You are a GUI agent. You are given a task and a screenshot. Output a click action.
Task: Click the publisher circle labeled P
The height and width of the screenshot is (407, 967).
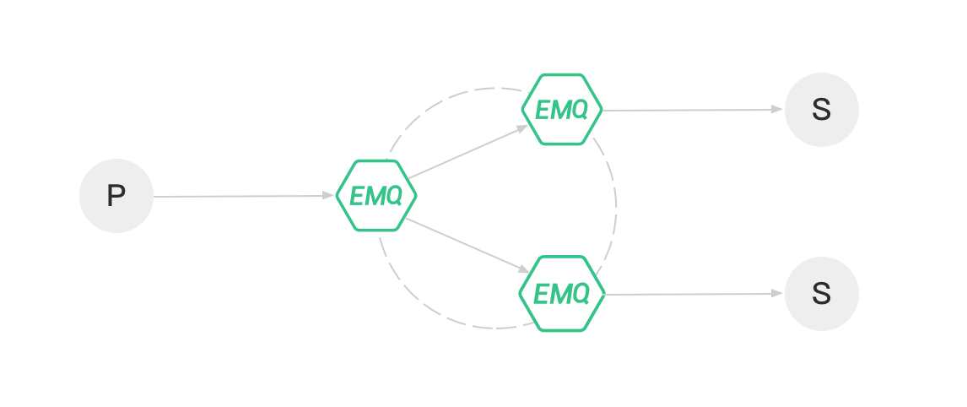pos(116,196)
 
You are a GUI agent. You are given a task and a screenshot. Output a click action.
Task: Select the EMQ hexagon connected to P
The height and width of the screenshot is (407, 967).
pos(375,195)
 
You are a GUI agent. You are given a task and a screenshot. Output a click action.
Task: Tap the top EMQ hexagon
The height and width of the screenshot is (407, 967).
pos(561,109)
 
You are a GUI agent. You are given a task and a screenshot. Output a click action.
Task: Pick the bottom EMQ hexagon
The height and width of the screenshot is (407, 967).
pos(561,293)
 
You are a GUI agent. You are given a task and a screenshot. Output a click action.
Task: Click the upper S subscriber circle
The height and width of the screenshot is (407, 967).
pos(821,110)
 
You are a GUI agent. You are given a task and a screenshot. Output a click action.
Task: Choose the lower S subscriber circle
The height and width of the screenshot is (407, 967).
pos(821,294)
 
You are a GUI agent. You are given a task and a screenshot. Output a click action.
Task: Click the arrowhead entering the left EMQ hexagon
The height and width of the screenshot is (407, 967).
pos(328,196)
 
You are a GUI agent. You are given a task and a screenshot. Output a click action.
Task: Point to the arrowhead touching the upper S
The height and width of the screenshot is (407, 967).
pos(777,110)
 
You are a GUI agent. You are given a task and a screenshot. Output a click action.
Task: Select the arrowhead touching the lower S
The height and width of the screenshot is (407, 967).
pos(777,294)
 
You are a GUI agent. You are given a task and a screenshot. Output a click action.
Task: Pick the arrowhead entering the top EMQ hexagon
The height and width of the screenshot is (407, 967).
pos(524,127)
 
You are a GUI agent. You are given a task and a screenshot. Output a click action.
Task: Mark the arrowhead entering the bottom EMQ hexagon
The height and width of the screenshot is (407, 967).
pos(525,270)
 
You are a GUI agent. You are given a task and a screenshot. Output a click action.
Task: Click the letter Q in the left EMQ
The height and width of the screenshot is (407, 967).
pos(393,196)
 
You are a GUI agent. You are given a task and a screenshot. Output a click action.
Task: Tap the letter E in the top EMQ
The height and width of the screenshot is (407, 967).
pos(543,110)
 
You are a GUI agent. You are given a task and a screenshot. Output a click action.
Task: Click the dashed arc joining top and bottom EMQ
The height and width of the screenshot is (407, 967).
pos(616,203)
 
